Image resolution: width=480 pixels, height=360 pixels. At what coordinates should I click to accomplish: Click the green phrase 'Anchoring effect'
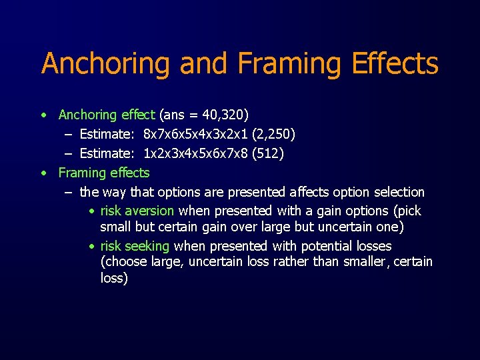point(107,115)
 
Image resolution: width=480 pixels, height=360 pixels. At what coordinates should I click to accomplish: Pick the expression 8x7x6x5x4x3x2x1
point(196,135)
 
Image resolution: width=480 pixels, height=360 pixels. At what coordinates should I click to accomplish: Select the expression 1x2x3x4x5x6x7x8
point(196,154)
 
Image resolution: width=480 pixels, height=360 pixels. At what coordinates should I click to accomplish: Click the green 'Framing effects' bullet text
point(104,173)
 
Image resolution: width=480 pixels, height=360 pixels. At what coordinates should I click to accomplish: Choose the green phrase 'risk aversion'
point(137,211)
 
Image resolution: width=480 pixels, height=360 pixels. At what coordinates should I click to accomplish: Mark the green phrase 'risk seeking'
point(135,246)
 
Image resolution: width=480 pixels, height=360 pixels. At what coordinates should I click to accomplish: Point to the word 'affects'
point(312,192)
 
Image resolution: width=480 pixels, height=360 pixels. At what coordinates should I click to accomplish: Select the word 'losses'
point(374,246)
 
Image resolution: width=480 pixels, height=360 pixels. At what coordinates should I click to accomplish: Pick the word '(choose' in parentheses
point(121,262)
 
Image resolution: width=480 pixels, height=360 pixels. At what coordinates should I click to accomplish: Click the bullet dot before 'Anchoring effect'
point(43,116)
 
